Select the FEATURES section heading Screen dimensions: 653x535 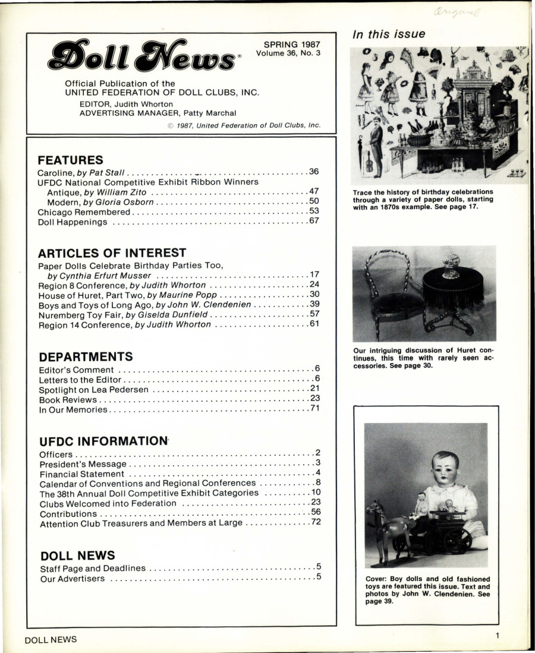(71, 160)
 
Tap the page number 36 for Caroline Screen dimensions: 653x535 (314, 172)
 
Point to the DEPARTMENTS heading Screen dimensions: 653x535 (86, 357)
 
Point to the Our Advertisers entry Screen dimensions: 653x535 (73, 579)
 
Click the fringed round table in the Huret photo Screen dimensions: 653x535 (454, 291)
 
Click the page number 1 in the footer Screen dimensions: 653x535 (497, 636)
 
